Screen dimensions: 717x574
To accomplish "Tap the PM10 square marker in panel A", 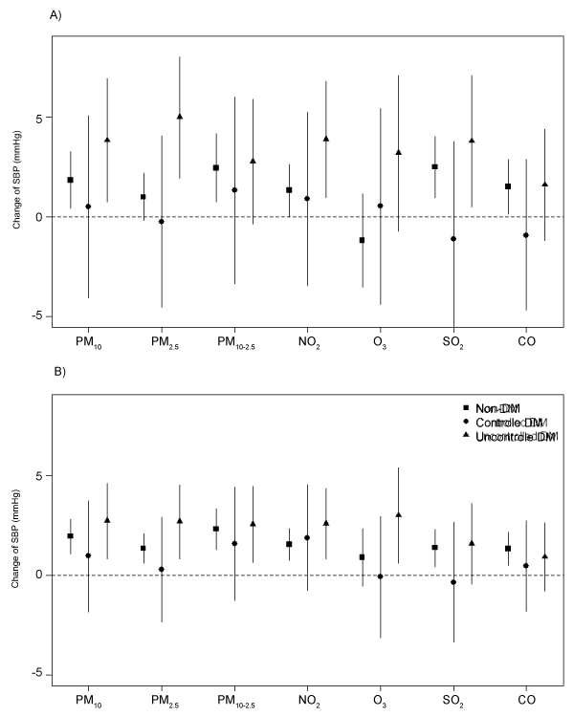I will point(70,180).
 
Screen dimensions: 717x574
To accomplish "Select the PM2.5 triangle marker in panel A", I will point(180,117).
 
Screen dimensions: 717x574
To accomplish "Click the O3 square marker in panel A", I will point(362,240).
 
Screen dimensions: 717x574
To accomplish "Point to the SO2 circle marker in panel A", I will point(453,239).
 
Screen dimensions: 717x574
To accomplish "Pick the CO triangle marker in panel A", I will point(545,185).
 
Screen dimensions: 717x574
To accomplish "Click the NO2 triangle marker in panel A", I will point(326,139).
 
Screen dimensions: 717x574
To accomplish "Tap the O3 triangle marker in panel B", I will point(399,514).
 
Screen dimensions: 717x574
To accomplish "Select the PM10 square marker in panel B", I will point(70,536).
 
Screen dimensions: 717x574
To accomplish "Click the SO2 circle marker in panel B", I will point(453,582).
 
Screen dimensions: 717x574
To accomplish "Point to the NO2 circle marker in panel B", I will point(307,537).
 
